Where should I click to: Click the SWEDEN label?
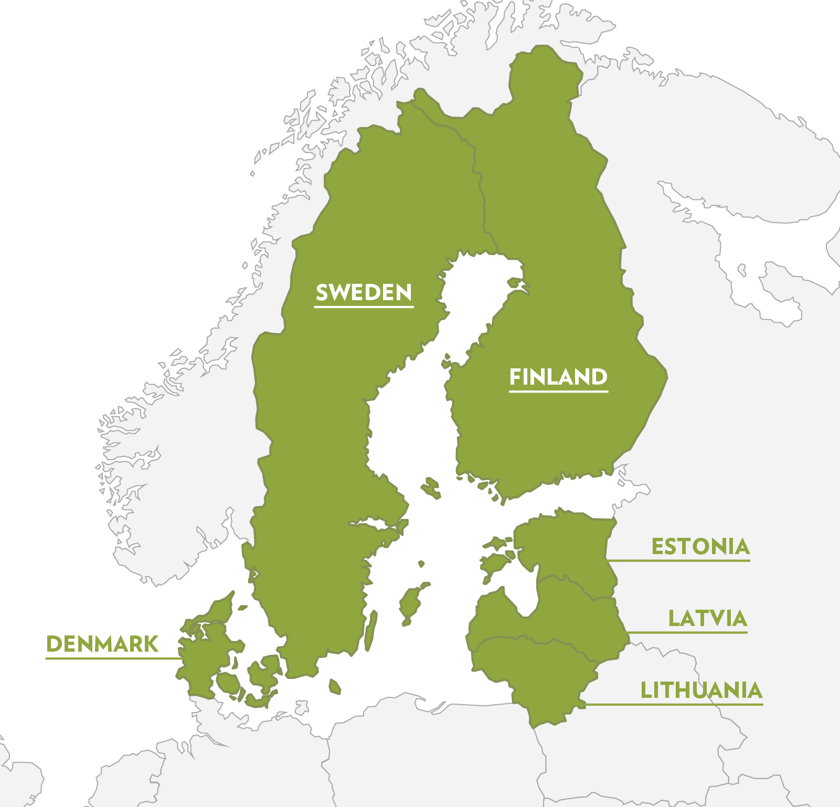coord(364,292)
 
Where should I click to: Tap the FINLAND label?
coord(558,377)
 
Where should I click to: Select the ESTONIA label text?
coord(700,547)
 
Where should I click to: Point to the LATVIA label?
coord(707,619)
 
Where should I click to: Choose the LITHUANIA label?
coord(701,691)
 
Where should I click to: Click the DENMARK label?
coord(102,644)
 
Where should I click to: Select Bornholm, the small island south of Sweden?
coord(334,686)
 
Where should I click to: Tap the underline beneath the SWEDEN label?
coord(364,306)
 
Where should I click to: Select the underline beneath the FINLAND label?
coord(558,391)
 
